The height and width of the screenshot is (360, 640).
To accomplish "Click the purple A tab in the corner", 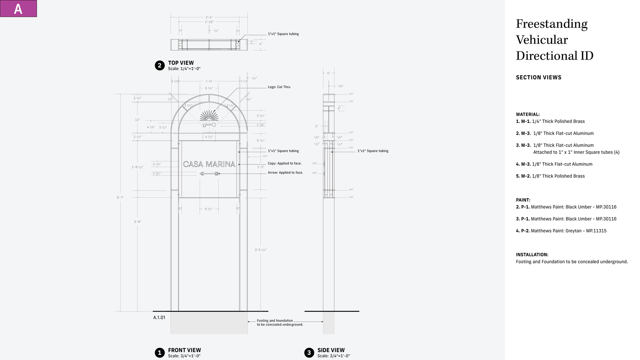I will pos(18,9).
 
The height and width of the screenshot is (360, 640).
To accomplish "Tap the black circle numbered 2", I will pos(160,65).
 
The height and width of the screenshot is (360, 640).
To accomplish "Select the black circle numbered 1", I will pos(160,353).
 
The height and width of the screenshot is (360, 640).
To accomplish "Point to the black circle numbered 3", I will pos(309,353).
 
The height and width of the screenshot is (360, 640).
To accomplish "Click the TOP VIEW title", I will pos(181,63).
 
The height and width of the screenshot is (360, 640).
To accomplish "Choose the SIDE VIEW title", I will pos(331,350).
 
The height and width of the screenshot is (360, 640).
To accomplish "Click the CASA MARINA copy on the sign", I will pos(209,164).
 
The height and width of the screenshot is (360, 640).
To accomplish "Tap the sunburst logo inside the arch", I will pos(209,116).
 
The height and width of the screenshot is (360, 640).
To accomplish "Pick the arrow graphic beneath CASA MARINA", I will pos(209,174).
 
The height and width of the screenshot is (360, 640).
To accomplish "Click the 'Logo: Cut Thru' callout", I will pos(279,87).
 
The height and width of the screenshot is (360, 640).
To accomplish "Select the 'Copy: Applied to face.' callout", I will pos(284,163).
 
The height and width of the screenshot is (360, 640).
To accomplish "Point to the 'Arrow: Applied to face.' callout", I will pos(285,173).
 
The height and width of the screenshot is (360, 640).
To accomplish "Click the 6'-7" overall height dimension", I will pos(120,198).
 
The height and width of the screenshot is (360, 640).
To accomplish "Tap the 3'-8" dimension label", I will pos(138,222).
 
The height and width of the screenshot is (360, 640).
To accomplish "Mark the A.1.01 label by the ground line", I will pos(159,317).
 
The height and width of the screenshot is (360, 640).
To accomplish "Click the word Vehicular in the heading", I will pos(542,40).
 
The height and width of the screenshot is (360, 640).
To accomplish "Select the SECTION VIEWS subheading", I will pos(538,77).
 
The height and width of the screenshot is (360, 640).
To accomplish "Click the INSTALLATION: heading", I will pos(532,255).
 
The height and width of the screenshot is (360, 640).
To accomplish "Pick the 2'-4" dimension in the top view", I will pos(209,17).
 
